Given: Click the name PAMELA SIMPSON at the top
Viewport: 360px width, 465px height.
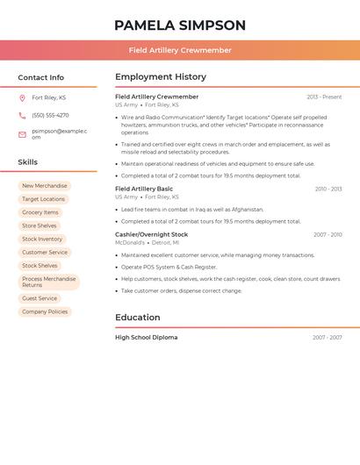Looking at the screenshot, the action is (x=180, y=25).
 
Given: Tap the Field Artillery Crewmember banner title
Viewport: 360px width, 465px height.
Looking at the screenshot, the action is (x=180, y=50).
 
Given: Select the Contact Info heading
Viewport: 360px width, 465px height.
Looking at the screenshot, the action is (x=40, y=77).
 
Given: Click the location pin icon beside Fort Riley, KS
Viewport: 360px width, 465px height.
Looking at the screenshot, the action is (x=22, y=97).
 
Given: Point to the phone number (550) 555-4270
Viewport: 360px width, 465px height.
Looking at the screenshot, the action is (x=50, y=115).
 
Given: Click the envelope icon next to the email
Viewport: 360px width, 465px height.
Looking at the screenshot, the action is (x=22, y=134).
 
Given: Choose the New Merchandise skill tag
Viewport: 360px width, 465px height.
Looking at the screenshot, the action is (x=44, y=186).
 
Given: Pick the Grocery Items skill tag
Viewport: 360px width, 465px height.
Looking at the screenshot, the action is (x=40, y=212).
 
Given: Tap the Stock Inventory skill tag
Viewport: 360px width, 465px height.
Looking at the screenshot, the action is (x=42, y=239).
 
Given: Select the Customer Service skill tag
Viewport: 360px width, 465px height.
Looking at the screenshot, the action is (x=45, y=253).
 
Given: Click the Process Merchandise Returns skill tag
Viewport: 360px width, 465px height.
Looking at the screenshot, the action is (x=48, y=282).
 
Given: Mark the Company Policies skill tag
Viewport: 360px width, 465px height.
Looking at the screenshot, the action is (x=45, y=311).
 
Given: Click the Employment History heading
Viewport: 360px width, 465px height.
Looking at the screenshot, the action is (x=161, y=77).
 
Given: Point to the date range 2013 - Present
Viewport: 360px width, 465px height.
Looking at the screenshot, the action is (x=324, y=97).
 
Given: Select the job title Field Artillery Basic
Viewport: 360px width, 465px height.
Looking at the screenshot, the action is (x=144, y=189).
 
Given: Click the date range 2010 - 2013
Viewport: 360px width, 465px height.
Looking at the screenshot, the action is (x=328, y=189).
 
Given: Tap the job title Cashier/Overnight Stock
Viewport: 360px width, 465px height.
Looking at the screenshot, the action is (x=151, y=234).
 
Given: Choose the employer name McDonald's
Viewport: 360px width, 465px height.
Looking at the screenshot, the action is (x=130, y=242).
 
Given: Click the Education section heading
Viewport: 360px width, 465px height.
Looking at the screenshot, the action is (x=138, y=318).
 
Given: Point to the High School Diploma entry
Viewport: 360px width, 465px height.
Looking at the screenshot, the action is (x=146, y=337).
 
